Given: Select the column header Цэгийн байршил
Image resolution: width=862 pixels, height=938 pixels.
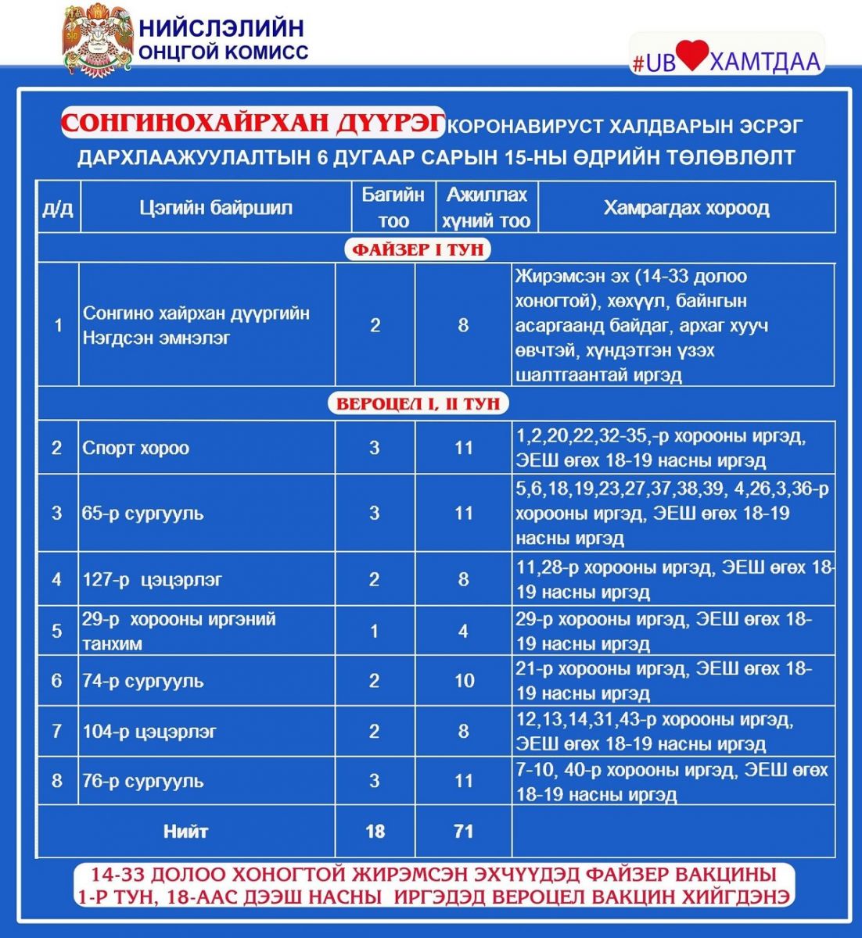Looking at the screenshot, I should [216, 208].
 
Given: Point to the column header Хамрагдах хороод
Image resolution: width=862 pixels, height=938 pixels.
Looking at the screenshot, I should [686, 208].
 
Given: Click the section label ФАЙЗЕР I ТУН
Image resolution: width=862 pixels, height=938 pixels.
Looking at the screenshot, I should [418, 249].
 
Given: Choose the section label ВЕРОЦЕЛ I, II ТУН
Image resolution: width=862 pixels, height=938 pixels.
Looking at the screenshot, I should [418, 403].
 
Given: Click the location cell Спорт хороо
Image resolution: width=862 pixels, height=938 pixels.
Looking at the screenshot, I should [136, 448].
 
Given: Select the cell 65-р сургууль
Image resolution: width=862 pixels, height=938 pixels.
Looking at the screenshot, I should [143, 514].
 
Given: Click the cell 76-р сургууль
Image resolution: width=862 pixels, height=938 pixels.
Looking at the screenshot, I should [143, 781].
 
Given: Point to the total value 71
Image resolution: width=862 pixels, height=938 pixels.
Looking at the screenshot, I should [464, 831].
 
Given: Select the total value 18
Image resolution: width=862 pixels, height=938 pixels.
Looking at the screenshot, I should [375, 831].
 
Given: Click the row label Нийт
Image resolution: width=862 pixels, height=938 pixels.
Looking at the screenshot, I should [186, 831].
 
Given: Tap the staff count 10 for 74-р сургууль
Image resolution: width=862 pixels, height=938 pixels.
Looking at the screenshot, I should [464, 681].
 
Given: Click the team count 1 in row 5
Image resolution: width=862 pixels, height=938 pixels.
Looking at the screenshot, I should [375, 631].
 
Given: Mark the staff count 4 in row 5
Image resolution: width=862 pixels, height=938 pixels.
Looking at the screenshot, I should [464, 631].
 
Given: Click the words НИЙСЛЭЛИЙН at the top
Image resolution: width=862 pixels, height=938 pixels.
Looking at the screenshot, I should [221, 28].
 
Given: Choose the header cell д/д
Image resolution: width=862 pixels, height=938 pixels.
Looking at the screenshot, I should [58, 209].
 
